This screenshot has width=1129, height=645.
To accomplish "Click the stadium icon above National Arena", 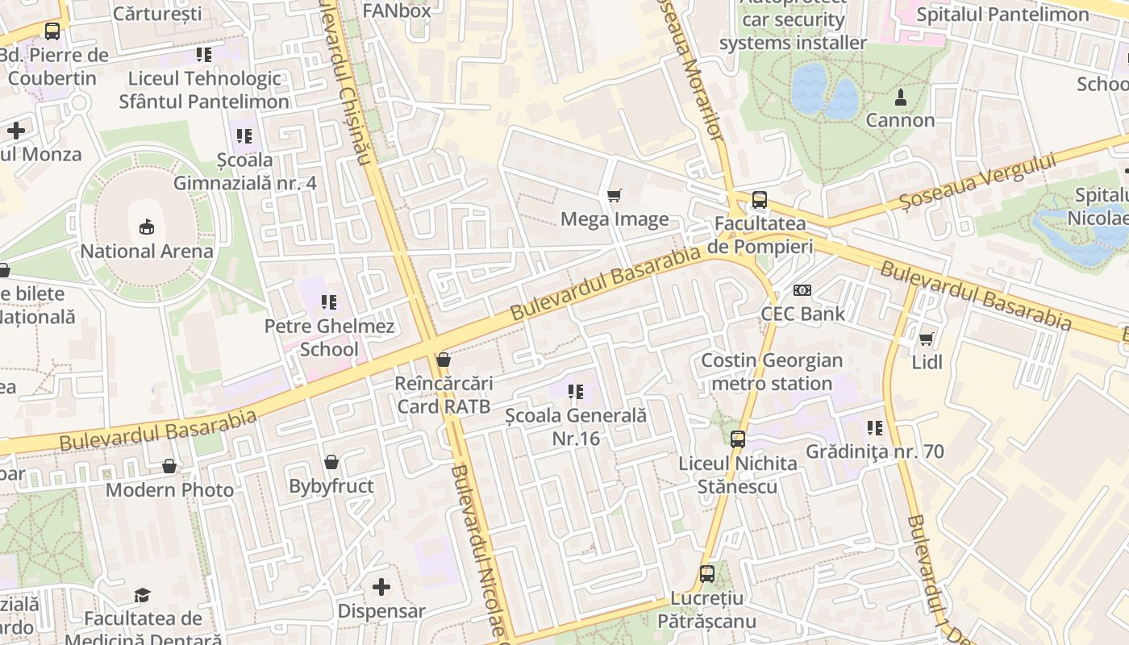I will pos(146,227).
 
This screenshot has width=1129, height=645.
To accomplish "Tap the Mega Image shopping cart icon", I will pos(614,195).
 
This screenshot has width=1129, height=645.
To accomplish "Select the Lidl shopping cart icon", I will pos(927,339).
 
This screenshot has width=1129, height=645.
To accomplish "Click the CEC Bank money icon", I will pos(802,290).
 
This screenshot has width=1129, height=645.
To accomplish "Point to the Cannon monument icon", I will pos(900,98).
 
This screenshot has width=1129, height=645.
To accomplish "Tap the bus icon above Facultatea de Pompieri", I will pos(759,200).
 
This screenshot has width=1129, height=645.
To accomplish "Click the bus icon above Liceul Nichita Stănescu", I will pos(737,439).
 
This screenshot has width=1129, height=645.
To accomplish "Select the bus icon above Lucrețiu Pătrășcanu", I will pos(706,575).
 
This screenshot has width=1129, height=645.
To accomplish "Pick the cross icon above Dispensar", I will pos(381,587).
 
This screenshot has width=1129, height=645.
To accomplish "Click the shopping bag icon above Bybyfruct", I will pos(331,462).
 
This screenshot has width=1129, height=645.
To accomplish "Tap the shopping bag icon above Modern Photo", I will pos(169,466).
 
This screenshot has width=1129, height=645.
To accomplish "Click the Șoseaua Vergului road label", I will pos(977,184).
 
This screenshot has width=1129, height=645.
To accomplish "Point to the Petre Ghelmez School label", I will pos(329,338).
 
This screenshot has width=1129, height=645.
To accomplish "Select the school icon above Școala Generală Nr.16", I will pos(575,393).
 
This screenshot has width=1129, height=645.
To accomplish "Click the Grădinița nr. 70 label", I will pos(875,451).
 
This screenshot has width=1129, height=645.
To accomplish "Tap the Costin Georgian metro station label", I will pos(772,372).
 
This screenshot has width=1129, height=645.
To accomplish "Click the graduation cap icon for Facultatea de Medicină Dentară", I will pos(142,595).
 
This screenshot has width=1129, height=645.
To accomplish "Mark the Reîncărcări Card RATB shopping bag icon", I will pos(443,360).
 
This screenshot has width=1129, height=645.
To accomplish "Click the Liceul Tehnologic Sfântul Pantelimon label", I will pos(204,90).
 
